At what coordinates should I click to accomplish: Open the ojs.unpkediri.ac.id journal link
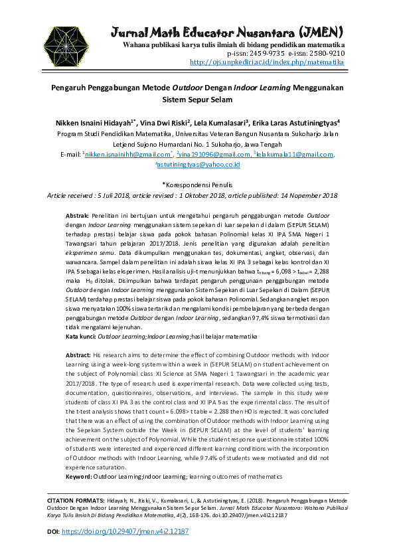[267, 62]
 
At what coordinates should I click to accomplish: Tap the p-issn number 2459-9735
[265, 53]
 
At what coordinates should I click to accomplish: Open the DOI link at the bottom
[125, 532]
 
